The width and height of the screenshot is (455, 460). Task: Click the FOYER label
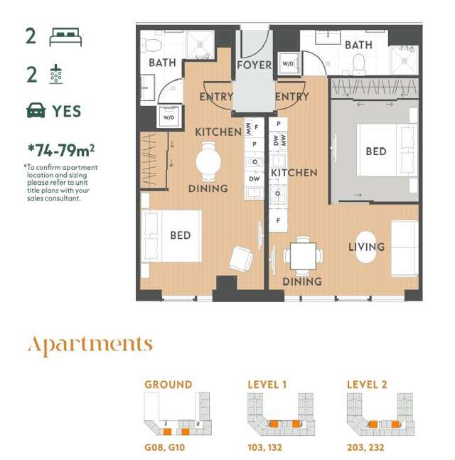(x=254, y=65)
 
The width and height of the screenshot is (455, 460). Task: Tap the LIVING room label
(x=366, y=247)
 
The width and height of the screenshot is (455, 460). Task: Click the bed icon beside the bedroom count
(x=65, y=38)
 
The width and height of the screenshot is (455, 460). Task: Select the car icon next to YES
(x=35, y=111)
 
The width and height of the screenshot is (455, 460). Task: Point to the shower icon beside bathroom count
(x=55, y=74)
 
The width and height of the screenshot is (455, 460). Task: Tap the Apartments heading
(x=90, y=346)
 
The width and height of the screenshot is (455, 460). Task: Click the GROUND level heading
(x=168, y=385)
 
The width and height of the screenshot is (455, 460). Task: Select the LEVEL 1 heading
(x=267, y=385)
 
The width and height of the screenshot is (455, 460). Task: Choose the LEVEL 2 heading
(x=367, y=385)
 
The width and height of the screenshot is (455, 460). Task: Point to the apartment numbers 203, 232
(x=367, y=449)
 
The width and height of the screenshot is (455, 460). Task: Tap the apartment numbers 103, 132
(x=267, y=449)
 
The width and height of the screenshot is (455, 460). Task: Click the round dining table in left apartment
(x=209, y=160)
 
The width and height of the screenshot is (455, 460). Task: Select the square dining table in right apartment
(x=303, y=256)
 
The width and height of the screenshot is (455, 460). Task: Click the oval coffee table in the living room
(x=366, y=247)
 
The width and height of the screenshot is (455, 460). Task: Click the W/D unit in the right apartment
(x=289, y=63)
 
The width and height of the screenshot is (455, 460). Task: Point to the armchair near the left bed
(x=240, y=258)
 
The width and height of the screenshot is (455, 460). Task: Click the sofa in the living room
(x=405, y=247)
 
